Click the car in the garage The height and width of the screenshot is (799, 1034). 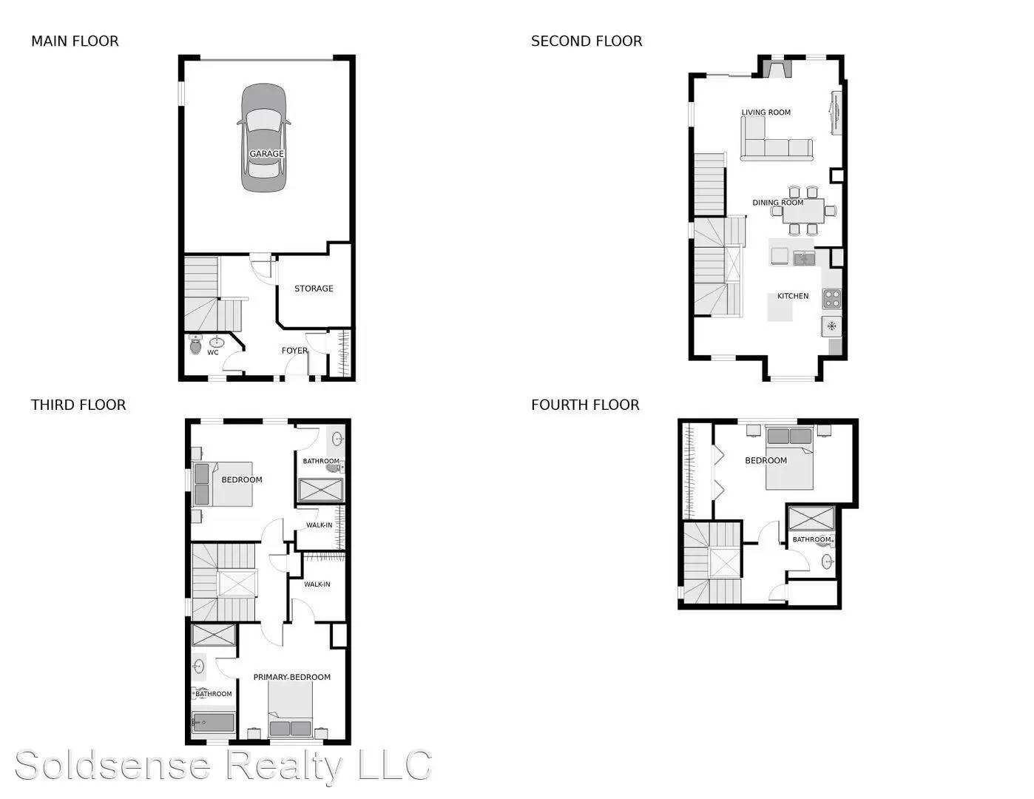(x=264, y=138)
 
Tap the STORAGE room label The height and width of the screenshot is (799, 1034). (x=314, y=289)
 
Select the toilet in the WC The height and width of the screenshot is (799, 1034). (x=195, y=344)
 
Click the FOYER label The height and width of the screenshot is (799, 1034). (x=294, y=351)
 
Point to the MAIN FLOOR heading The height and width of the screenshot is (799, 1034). (x=75, y=41)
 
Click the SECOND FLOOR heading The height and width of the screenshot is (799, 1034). (x=587, y=41)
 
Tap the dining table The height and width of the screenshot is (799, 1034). (x=803, y=210)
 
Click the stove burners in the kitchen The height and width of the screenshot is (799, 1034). (x=832, y=298)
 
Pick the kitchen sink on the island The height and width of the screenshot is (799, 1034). (x=804, y=258)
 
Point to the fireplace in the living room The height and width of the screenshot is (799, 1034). (x=777, y=70)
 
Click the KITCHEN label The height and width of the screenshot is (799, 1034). (x=793, y=296)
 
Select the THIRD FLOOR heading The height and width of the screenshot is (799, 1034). (x=78, y=405)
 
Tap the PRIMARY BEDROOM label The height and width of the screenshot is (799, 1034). (x=291, y=677)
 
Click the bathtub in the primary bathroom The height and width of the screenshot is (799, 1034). (x=214, y=722)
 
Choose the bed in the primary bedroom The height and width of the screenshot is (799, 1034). (x=290, y=709)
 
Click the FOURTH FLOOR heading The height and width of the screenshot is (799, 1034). (x=585, y=405)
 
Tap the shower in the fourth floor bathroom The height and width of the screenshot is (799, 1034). (x=811, y=518)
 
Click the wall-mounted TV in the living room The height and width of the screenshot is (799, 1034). (x=837, y=113)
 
